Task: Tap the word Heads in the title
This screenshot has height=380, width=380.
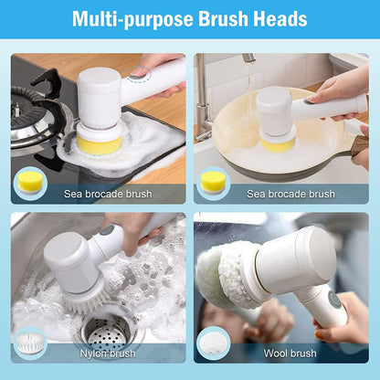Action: (x=280, y=19)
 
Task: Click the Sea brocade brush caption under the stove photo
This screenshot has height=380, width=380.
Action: (x=107, y=194)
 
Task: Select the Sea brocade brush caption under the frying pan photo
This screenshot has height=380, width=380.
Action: (x=290, y=194)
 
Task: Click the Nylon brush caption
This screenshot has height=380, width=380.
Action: (x=107, y=353)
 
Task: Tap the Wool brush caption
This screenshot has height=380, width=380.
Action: (x=290, y=353)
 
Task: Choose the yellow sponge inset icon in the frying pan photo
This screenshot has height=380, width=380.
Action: (x=213, y=181)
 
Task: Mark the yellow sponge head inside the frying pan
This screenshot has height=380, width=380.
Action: (x=276, y=142)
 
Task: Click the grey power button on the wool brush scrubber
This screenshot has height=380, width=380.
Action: (x=334, y=300)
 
